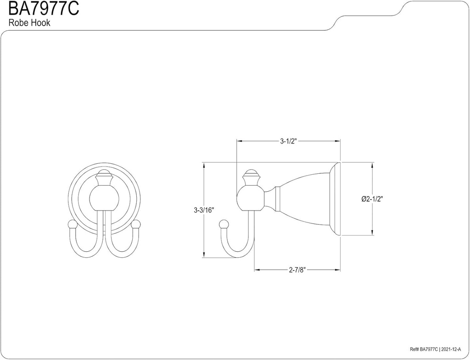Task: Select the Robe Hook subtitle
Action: [29, 23]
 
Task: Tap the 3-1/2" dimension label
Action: [288, 141]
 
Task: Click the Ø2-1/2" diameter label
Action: [373, 199]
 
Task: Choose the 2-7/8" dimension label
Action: [297, 270]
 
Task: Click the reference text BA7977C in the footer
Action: [429, 349]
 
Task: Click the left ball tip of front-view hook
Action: [72, 225]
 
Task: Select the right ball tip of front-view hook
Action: [136, 225]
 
